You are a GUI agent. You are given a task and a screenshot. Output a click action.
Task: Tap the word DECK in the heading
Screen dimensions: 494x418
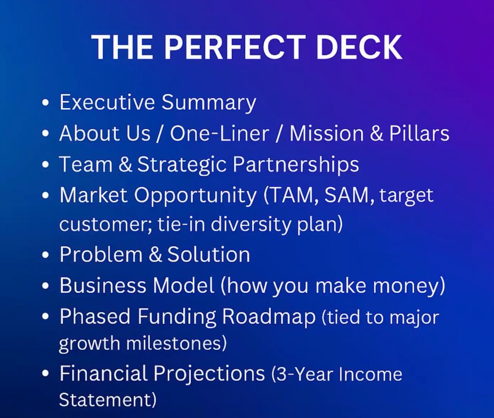coord(362,46)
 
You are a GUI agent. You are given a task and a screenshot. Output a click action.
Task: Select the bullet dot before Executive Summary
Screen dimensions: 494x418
coord(46,103)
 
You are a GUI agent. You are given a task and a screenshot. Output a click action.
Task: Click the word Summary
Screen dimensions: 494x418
coord(208,103)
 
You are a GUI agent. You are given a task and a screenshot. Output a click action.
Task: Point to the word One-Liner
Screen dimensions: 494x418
coord(219,133)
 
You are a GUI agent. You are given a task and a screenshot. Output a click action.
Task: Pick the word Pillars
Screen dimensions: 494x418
coord(419,133)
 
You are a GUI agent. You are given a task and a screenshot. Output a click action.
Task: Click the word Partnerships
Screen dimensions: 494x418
coord(296,165)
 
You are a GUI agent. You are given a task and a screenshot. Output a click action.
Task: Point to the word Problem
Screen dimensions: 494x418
coord(101,255)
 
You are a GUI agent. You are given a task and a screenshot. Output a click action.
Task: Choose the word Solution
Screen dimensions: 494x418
coord(208,255)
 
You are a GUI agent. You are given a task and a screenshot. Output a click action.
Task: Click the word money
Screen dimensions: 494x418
coord(409,285)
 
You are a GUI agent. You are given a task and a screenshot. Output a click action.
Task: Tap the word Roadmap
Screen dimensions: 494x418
coord(269,316)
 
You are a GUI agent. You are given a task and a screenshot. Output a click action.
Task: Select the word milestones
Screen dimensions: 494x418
coord(176,343)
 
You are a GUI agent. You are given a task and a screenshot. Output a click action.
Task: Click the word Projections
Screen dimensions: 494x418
coord(209,374)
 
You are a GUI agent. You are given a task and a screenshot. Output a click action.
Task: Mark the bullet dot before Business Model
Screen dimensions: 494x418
coord(46,286)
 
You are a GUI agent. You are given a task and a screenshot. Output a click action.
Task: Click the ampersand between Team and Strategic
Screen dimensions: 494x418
coord(125,165)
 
